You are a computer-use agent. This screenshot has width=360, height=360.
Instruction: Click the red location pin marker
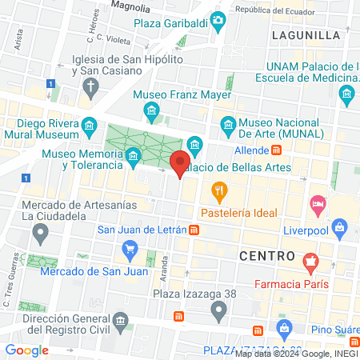180,162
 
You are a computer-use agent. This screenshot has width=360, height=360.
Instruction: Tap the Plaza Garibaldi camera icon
218,20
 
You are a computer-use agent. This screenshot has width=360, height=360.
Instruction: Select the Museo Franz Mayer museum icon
153,109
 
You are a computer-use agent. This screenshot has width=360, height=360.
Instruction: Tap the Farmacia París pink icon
311,260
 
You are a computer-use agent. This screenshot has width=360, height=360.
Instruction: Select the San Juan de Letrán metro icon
194,230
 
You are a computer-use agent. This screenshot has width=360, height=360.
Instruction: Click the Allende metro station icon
276,149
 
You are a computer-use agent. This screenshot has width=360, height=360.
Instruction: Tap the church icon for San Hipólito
92,86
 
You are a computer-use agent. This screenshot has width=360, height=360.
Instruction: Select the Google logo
26,350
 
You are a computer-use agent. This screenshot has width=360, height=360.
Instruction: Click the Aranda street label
166,276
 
